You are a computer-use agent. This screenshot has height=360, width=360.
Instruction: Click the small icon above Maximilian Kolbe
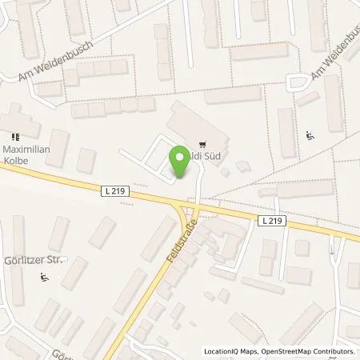(x=12, y=136)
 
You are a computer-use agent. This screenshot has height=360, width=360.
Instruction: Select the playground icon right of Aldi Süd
(x=310, y=134)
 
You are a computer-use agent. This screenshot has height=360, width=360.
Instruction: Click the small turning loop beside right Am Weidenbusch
(x=299, y=81)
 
